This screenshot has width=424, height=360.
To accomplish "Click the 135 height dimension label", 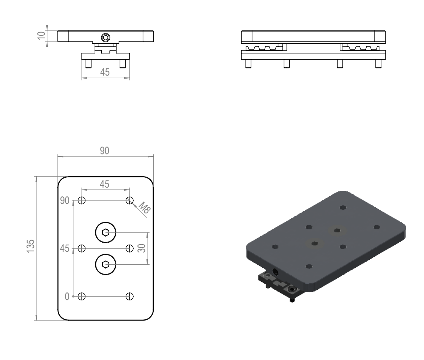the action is click(x=31, y=246).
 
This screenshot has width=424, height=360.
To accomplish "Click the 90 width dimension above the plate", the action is click(x=105, y=151).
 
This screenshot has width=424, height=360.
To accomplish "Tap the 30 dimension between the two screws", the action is click(x=142, y=248).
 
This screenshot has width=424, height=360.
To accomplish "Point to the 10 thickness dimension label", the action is click(x=41, y=35).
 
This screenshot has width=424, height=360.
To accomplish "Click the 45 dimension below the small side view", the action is click(x=105, y=72).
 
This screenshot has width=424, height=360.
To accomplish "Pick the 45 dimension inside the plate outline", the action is click(x=105, y=184).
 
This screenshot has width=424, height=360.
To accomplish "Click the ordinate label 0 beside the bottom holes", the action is click(x=67, y=297).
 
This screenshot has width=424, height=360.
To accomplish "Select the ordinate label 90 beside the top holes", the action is click(x=65, y=201).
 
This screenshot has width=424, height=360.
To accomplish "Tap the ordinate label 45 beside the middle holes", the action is click(x=65, y=249).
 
